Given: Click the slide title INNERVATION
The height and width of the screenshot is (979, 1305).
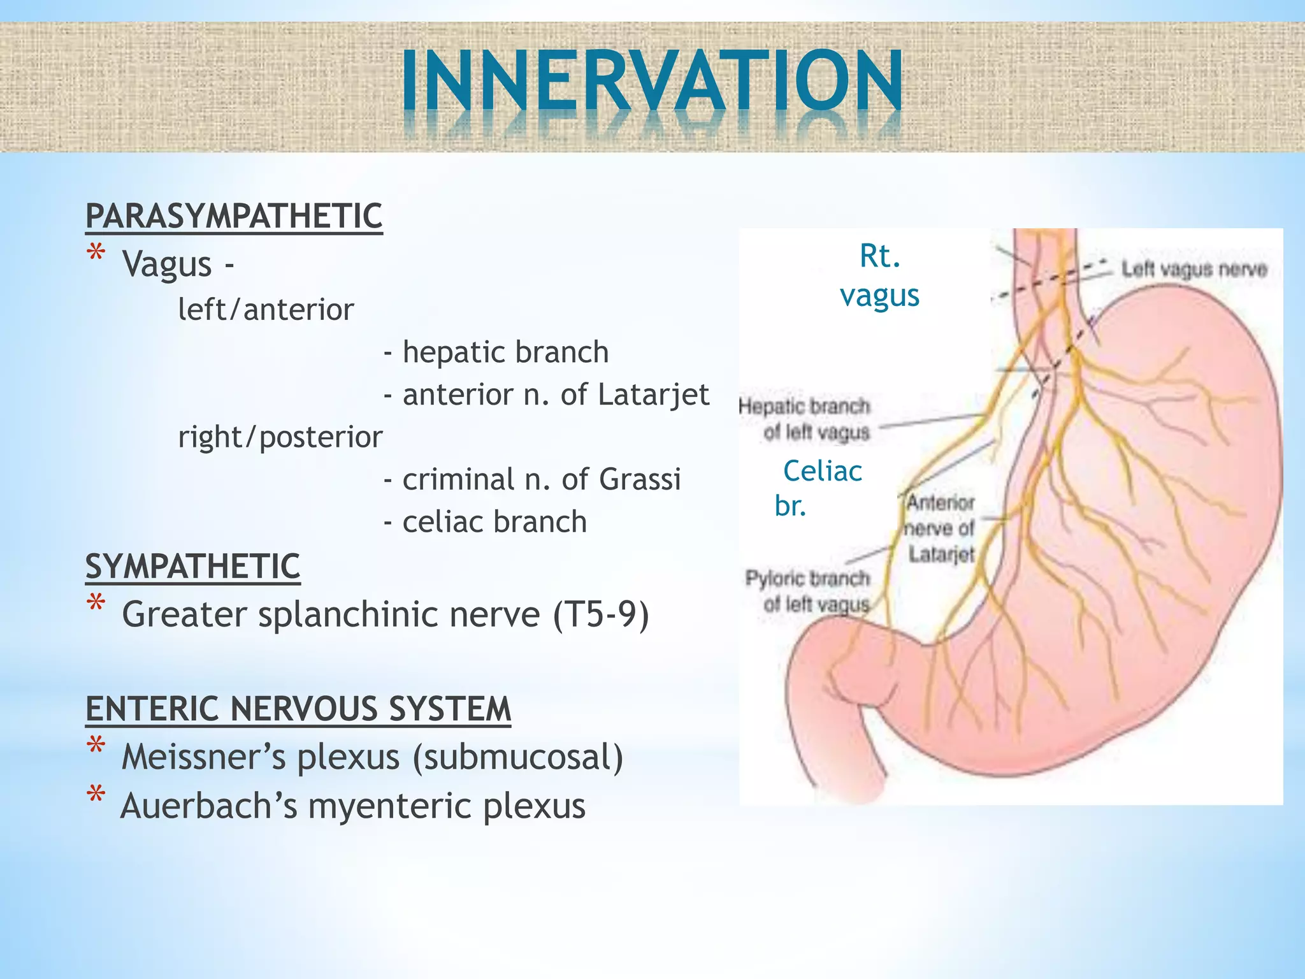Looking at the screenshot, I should (652, 83).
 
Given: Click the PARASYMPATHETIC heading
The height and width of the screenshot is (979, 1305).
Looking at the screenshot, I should (234, 216).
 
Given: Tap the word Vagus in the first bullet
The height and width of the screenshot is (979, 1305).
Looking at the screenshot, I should (167, 264).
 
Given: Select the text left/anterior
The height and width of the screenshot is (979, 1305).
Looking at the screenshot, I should (266, 310).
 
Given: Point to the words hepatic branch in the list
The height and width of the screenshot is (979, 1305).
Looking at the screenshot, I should (505, 352).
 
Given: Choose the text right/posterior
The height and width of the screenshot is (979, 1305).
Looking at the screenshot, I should (280, 437).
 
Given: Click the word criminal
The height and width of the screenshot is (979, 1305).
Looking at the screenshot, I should (458, 479).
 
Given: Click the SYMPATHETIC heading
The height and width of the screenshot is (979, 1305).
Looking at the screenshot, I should (192, 567).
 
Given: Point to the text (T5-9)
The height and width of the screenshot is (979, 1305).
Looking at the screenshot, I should (601, 614).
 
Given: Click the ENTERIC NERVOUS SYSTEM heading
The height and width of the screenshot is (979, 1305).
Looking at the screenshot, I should (298, 709).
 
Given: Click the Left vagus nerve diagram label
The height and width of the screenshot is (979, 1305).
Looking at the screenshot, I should (1193, 270).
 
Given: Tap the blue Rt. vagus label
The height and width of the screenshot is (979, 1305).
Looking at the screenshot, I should (880, 275).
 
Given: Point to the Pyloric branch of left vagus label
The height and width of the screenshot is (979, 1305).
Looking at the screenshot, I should (809, 591).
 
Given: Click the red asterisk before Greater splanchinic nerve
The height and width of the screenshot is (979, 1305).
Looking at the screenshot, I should (96, 604).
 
